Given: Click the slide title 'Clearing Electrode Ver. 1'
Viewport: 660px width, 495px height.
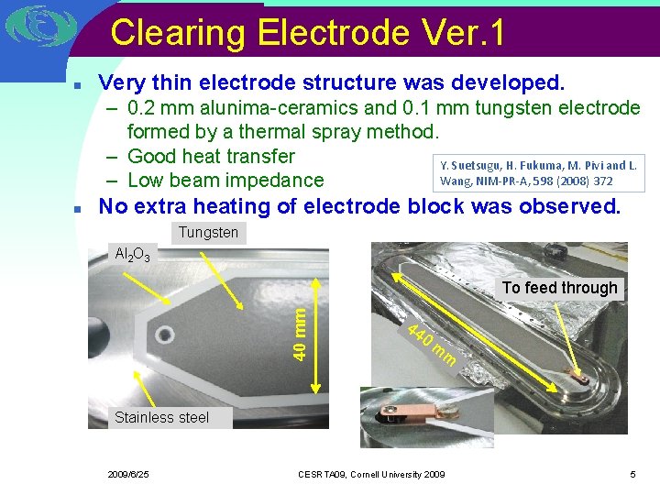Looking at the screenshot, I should coord(307,33).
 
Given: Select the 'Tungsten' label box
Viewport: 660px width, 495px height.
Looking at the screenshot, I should coord(208,233).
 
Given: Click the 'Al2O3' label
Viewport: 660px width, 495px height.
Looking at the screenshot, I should coord(134,253).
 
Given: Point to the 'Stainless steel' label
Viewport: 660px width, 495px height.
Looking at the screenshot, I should coord(161,418).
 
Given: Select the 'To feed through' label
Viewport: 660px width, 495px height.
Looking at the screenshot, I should coord(559,288).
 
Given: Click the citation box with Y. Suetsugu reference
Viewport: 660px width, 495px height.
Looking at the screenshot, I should coord(538,173).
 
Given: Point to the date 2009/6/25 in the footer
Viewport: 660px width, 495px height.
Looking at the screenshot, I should coord(128,474).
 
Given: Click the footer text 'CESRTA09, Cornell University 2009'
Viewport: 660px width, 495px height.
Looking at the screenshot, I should coord(371,474).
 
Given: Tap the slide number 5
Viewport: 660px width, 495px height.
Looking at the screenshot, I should coord(632,474).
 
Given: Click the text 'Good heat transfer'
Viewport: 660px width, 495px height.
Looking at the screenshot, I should coord(211,157).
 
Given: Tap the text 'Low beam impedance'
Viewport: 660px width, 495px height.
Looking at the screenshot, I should coord(225,181).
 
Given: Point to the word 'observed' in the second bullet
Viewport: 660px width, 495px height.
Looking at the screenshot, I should coord(568,206).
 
